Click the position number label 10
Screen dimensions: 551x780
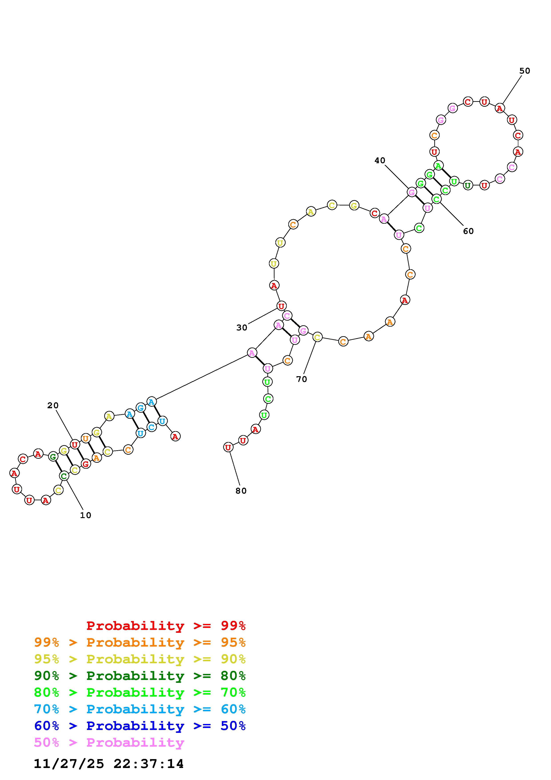click(86, 515)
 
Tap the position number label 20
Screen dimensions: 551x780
click(53, 405)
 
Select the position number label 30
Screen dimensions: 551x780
click(242, 328)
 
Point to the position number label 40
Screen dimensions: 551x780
click(380, 160)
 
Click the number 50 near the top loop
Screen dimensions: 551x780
click(525, 71)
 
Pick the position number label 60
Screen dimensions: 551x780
click(468, 231)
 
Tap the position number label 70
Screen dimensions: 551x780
click(301, 379)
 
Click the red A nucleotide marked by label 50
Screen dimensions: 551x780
click(499, 108)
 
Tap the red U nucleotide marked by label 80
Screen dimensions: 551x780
click(228, 447)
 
